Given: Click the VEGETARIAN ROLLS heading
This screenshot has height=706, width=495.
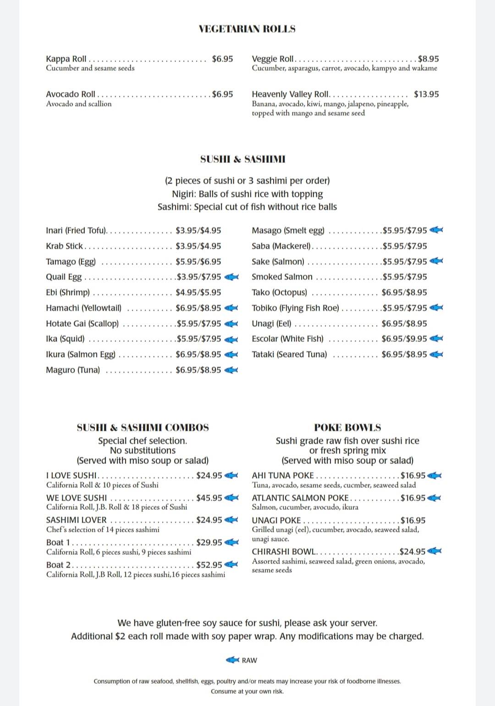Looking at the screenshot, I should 247,29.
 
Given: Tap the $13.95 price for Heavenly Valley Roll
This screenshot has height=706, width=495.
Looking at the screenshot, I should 426,94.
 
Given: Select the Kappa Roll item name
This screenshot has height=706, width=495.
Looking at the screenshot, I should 66,59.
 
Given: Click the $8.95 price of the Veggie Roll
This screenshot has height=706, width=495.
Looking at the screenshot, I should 428,59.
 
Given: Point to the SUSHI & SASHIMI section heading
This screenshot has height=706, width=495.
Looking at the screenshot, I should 242,159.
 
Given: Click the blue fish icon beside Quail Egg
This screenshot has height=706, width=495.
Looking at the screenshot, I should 231,277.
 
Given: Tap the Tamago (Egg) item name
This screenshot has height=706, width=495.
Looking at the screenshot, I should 71,261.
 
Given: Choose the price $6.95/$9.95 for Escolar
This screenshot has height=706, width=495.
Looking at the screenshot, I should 404,339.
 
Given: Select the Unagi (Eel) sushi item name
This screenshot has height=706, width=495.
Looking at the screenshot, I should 271,323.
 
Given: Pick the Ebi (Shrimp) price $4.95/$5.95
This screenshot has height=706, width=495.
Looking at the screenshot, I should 198,292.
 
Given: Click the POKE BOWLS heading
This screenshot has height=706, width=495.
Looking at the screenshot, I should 347,428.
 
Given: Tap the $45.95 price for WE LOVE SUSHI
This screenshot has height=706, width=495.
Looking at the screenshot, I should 209,498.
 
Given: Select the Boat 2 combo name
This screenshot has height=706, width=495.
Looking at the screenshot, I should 58,565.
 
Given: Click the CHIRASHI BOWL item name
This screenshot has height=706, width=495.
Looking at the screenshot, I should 284,551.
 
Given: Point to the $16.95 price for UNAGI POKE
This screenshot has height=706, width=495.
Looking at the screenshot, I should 412,520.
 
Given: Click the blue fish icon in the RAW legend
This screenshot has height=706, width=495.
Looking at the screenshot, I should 233,660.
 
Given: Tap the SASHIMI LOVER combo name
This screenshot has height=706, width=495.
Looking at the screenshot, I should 76,520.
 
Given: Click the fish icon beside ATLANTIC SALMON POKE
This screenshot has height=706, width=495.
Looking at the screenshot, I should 434,498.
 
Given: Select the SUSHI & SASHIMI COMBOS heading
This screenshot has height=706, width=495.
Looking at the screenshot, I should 143,428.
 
